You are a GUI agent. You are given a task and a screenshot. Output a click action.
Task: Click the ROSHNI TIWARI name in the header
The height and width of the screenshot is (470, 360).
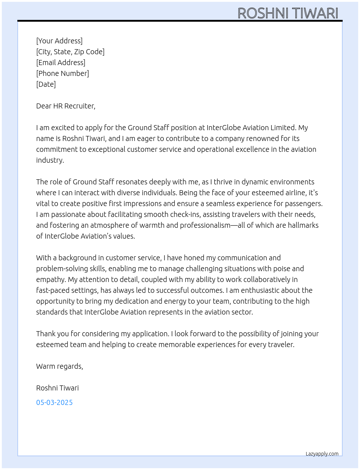coord(288,13)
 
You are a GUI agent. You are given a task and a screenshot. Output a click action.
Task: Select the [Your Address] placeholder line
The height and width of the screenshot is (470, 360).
coord(59,41)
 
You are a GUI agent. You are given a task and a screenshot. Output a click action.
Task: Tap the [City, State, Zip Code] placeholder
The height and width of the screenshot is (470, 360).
coord(70,52)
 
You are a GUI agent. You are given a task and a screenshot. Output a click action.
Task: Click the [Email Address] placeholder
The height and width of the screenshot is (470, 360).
coord(61,63)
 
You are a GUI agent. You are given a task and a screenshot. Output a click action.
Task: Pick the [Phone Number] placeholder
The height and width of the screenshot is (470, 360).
coord(63,73)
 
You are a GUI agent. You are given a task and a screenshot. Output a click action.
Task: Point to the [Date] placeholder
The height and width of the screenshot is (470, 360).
coord(46,84)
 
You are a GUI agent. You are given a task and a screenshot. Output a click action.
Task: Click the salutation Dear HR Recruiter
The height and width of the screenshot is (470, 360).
coord(65,106)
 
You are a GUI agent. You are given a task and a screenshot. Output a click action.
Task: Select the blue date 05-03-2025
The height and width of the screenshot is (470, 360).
coord(54,402)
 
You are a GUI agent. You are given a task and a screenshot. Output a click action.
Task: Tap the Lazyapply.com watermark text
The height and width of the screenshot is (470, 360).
coord(322,454)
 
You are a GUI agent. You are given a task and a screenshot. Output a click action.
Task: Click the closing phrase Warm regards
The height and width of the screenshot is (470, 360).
coord(59,366)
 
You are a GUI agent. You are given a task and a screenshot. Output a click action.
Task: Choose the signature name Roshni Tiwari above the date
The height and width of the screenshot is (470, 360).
coord(57,388)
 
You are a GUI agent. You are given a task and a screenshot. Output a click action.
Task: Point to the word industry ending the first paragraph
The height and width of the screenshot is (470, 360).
coord(50,160)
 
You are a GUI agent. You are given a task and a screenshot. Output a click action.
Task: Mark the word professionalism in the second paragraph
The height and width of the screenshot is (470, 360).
coord(205,225)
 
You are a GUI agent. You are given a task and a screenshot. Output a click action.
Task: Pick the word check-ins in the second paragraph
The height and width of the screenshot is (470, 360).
coord(185,214)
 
